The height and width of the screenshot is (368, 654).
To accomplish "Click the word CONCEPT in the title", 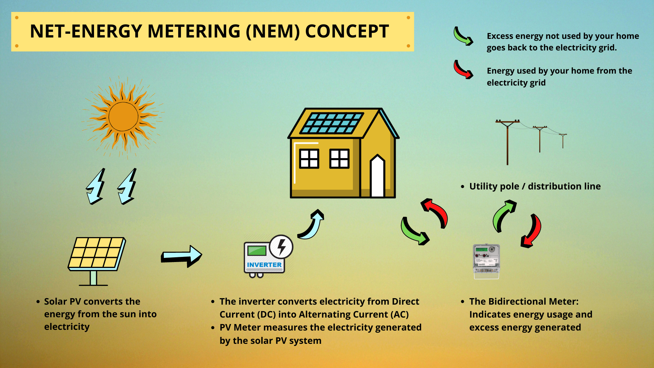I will tap(347, 31).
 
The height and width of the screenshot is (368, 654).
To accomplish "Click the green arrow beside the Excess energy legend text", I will tap(463, 36).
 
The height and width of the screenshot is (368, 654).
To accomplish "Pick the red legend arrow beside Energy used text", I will tap(463, 70).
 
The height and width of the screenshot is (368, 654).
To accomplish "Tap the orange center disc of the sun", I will tap(123, 117).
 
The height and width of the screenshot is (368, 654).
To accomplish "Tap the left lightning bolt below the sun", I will tap(95, 186).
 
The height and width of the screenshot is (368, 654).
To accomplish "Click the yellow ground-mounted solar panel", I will tap(97, 254).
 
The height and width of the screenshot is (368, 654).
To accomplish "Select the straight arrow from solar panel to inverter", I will tap(181, 256).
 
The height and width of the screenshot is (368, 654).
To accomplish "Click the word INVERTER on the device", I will tap(264, 265).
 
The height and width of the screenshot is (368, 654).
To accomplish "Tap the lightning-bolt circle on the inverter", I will tap(281, 246).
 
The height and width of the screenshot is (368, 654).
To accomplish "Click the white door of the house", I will tap(377, 177).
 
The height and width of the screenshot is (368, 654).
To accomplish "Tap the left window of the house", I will tap(309, 159).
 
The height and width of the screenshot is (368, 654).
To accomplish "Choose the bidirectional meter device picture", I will tap(486, 261).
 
